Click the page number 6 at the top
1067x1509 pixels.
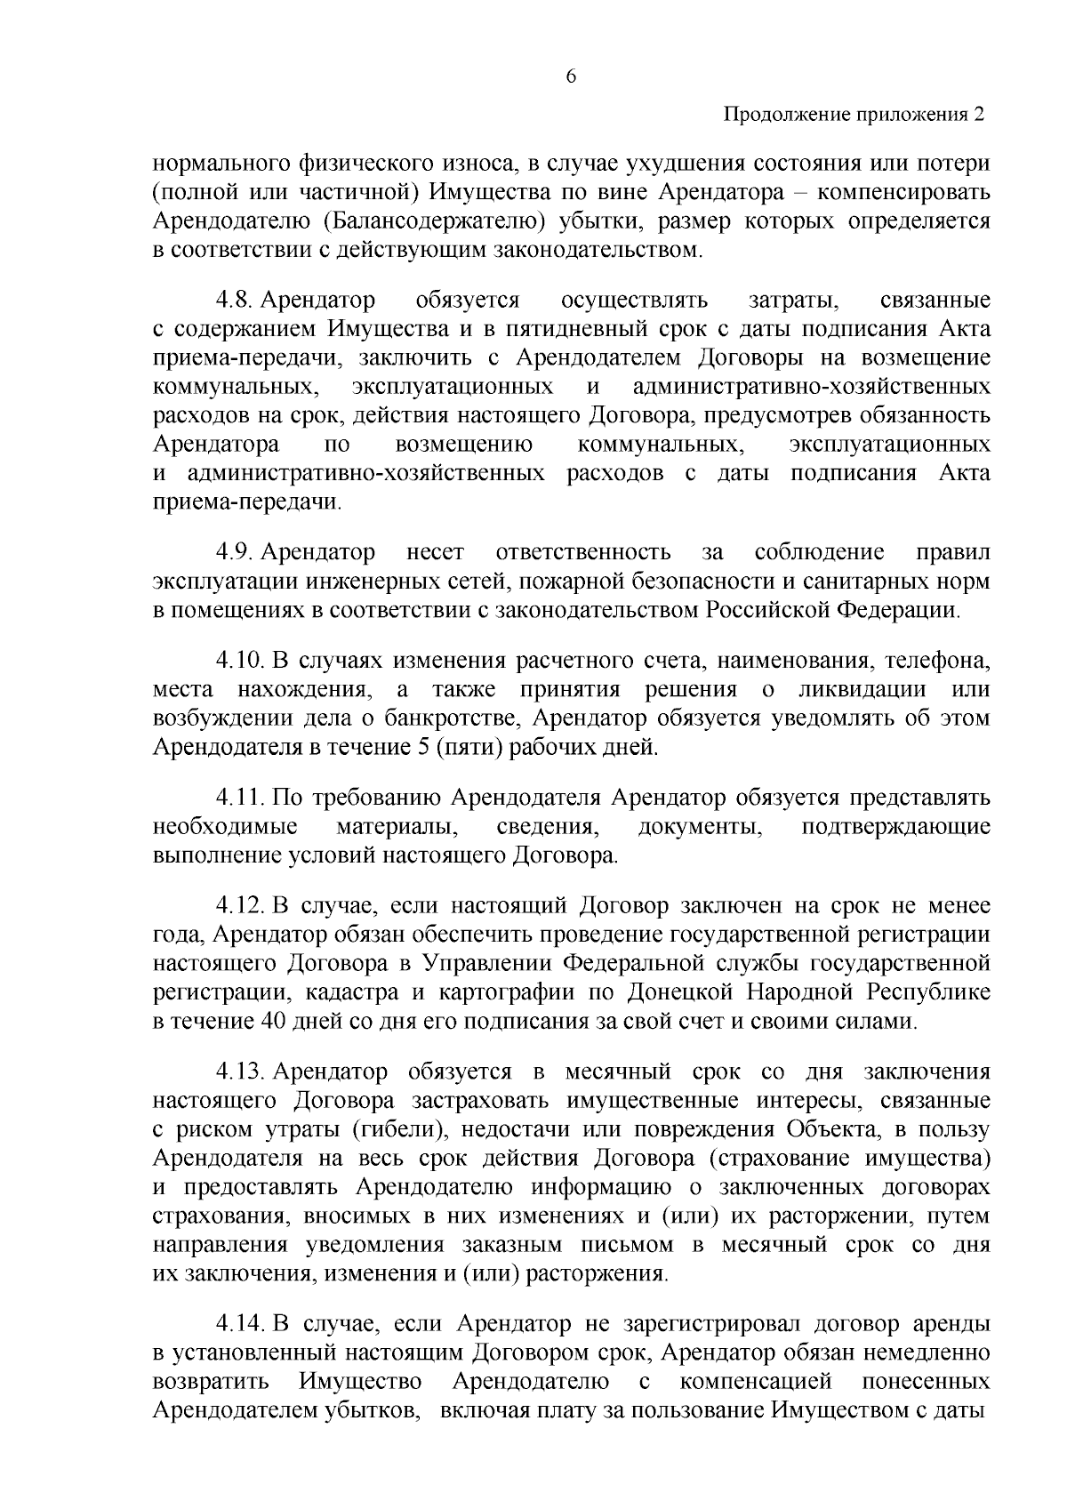coord(571,77)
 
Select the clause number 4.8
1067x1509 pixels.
coord(234,301)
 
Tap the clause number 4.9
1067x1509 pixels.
coord(234,553)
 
